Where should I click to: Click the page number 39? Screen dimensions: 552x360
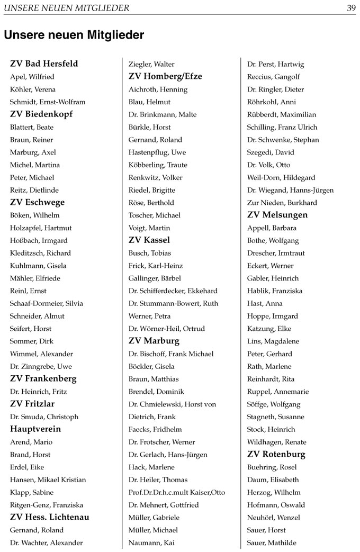(351, 8)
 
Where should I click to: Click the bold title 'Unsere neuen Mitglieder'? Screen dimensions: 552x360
(74, 35)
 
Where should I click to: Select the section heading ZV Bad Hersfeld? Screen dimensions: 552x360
(44, 64)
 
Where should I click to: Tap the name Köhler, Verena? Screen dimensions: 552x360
(33, 89)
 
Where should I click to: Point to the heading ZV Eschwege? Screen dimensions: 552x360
(38, 202)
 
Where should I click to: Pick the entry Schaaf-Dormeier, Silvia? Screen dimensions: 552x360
(47, 303)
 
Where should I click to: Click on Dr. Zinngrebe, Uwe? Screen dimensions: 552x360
(41, 366)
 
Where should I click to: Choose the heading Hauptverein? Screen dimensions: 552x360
(35, 429)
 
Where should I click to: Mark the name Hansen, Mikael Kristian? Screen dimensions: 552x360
(48, 479)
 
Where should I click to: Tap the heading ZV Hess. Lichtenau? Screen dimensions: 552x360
(50, 517)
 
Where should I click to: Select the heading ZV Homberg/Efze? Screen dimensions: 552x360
(165, 76)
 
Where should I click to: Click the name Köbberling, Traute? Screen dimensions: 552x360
(158, 165)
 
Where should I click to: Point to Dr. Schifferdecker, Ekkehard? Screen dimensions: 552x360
(173, 291)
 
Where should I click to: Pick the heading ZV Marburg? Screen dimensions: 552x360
(154, 341)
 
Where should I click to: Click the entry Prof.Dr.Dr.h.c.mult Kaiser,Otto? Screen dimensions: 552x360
(177, 492)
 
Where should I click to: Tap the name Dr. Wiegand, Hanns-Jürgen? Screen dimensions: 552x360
(290, 190)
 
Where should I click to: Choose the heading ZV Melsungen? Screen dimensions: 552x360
(277, 215)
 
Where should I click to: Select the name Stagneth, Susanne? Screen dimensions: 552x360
(276, 417)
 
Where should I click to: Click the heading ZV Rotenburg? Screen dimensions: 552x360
(276, 454)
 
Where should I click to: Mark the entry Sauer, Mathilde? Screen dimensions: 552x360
(272, 542)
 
